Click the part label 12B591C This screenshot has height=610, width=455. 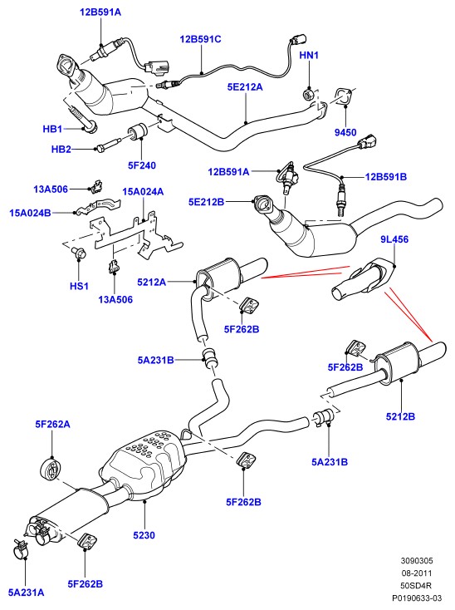click(200, 39)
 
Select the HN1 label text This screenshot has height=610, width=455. click(309, 55)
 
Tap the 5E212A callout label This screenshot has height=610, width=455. click(245, 87)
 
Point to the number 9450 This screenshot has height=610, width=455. click(345, 133)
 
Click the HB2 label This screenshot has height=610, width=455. click(61, 150)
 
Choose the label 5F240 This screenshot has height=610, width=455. click(142, 165)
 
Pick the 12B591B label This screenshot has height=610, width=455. click(386, 177)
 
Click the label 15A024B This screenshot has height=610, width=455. click(30, 214)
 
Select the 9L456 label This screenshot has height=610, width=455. click(394, 239)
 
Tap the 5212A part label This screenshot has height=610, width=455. click(152, 282)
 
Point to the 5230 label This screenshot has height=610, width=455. click(144, 535)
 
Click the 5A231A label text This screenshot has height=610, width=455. click(27, 593)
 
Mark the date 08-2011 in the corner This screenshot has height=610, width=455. click(417, 573)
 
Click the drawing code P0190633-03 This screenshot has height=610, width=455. click(417, 598)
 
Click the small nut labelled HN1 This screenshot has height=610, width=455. click(308, 94)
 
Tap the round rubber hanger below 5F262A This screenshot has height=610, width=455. click(51, 470)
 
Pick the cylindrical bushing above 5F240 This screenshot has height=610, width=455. click(137, 132)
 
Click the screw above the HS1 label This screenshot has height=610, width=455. click(79, 253)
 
